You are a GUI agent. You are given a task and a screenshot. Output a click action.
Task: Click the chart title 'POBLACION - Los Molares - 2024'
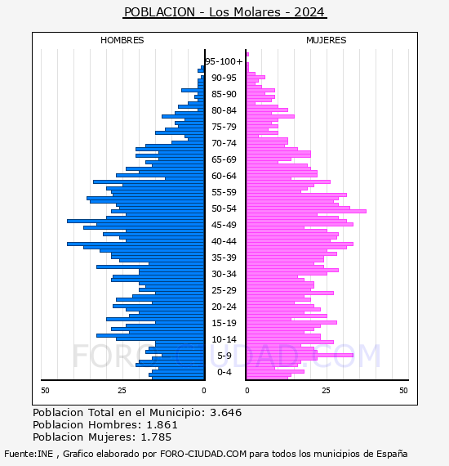224,12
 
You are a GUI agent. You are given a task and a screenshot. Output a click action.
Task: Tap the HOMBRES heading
122,40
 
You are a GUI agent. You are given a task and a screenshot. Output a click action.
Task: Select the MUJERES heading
327,40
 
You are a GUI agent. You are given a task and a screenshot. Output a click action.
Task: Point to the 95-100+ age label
224,61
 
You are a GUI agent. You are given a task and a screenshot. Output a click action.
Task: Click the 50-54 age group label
224,208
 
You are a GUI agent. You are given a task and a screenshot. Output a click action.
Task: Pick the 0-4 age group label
224,372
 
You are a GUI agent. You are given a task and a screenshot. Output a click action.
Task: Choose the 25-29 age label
224,290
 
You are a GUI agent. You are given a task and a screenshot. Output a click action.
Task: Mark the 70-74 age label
224,143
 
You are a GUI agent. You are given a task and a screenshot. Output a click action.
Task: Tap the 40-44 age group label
224,241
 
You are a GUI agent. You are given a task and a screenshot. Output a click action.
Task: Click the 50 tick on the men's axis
45,391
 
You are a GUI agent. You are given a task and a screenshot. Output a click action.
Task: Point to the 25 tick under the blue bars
122,391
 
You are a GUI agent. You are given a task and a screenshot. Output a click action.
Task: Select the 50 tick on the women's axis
403,391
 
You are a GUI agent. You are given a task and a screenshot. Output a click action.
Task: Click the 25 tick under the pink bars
327,391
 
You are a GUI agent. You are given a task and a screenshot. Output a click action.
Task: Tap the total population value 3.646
226,413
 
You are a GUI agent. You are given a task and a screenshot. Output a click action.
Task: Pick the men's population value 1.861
162,425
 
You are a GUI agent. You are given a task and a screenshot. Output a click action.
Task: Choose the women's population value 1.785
156,437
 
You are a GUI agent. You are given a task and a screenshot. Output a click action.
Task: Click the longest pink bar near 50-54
306,211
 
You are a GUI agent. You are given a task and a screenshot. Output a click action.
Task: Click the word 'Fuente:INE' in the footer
29,454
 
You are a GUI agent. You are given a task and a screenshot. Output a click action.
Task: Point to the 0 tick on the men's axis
204,391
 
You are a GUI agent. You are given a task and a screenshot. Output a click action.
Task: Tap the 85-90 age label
224,94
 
